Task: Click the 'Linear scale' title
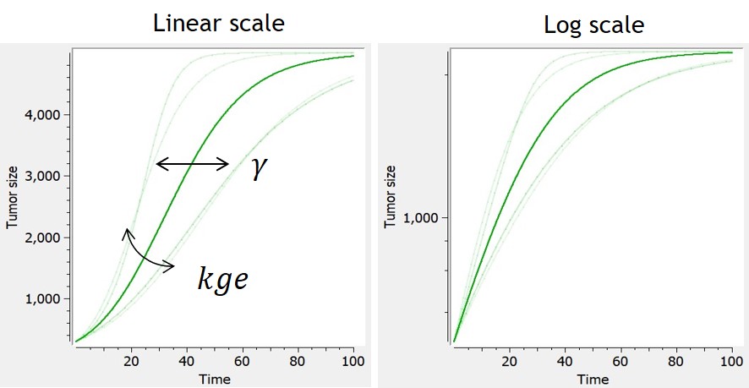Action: click(x=218, y=23)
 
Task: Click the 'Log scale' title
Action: click(x=593, y=25)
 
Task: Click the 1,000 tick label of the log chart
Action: click(x=425, y=218)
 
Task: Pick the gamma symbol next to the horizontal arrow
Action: click(x=259, y=167)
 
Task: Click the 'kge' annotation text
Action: click(x=222, y=279)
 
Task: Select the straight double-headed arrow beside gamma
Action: click(x=193, y=164)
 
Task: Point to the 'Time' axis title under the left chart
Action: click(x=215, y=380)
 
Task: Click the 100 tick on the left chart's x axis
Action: click(x=352, y=361)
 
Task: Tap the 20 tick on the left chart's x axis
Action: click(x=131, y=361)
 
